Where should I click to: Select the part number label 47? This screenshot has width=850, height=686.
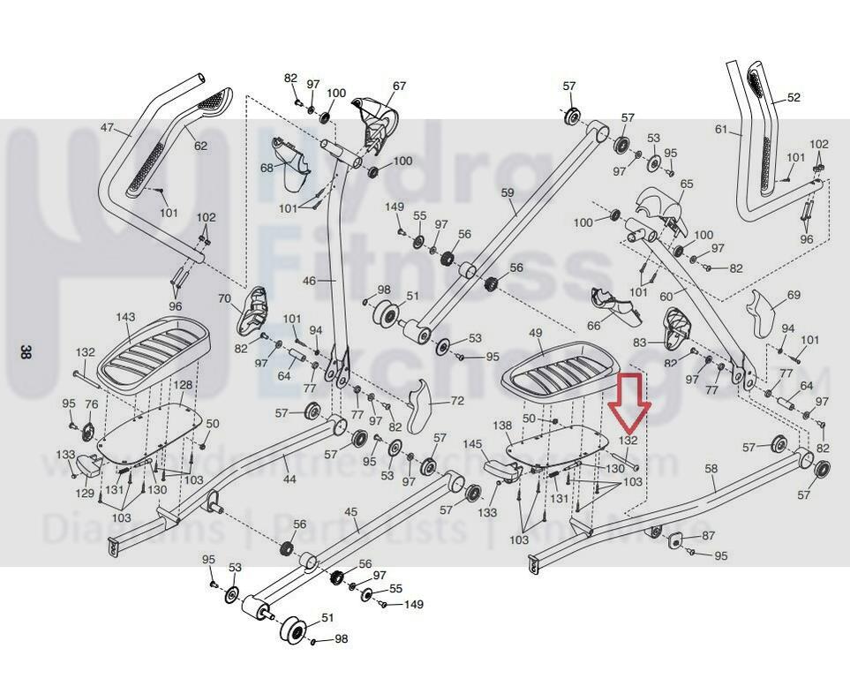tap(107, 128)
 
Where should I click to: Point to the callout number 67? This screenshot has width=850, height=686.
tap(399, 86)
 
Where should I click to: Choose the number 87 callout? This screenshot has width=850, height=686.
tap(708, 536)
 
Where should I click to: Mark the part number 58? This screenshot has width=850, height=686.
tap(711, 468)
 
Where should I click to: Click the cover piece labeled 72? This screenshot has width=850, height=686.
tap(428, 402)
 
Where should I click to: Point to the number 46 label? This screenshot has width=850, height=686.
tap(308, 280)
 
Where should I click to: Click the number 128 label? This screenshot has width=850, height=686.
tap(182, 385)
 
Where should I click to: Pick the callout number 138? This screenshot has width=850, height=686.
tap(501, 426)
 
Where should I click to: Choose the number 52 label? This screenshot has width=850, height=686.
tap(794, 98)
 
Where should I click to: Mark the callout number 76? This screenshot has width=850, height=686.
tap(91, 403)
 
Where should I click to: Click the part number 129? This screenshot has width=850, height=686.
tap(85, 494)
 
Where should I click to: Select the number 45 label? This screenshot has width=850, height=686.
tap(350, 512)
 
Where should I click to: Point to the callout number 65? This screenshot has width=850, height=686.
tap(687, 184)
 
